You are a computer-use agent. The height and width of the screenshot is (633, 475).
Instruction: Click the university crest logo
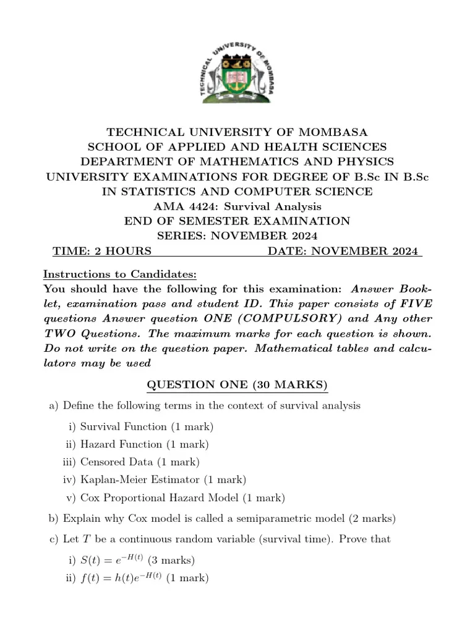(x=237, y=72)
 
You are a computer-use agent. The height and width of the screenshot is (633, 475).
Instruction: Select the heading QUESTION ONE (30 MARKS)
(x=237, y=385)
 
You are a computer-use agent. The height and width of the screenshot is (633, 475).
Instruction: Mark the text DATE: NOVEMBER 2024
(x=344, y=251)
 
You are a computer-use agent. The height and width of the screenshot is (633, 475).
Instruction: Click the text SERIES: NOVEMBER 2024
(x=237, y=236)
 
